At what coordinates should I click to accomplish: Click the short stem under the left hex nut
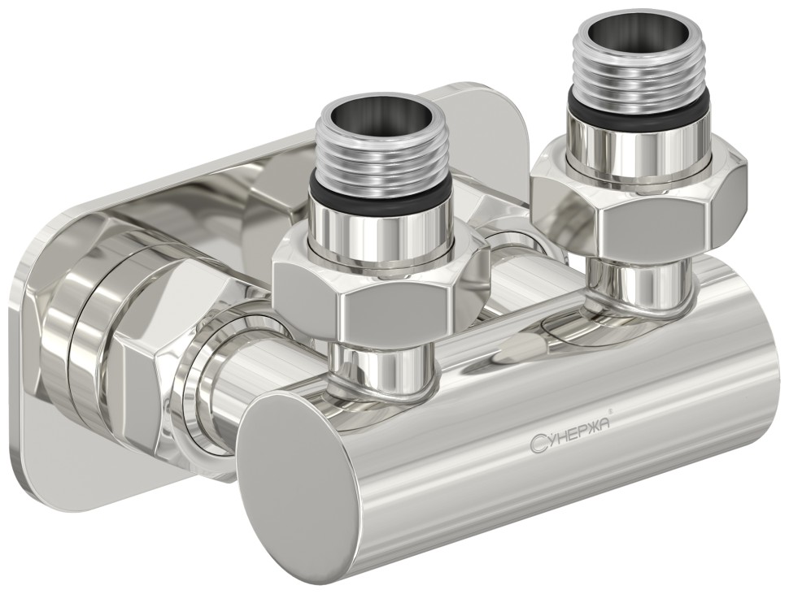click(x=382, y=362)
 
